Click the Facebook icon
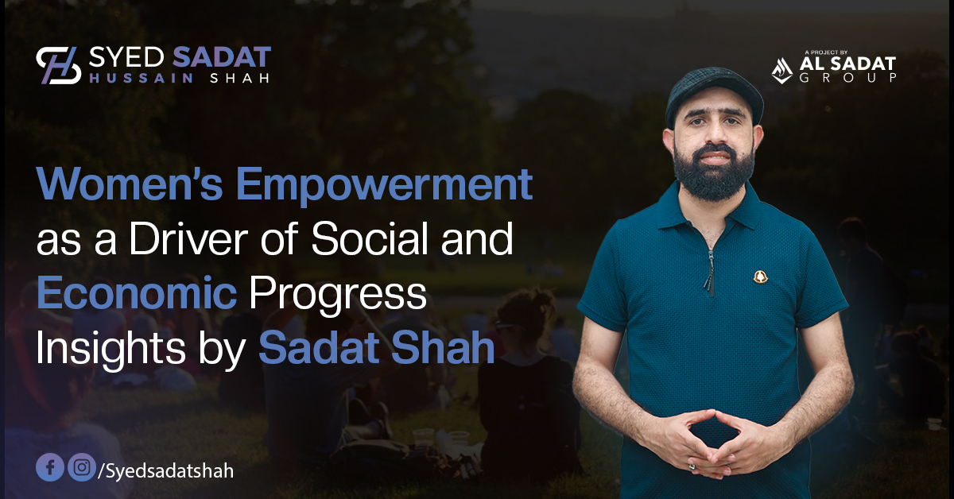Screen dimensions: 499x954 pos(49,468)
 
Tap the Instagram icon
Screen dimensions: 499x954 pos(79,468)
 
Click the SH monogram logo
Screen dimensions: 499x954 pos(58,66)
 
